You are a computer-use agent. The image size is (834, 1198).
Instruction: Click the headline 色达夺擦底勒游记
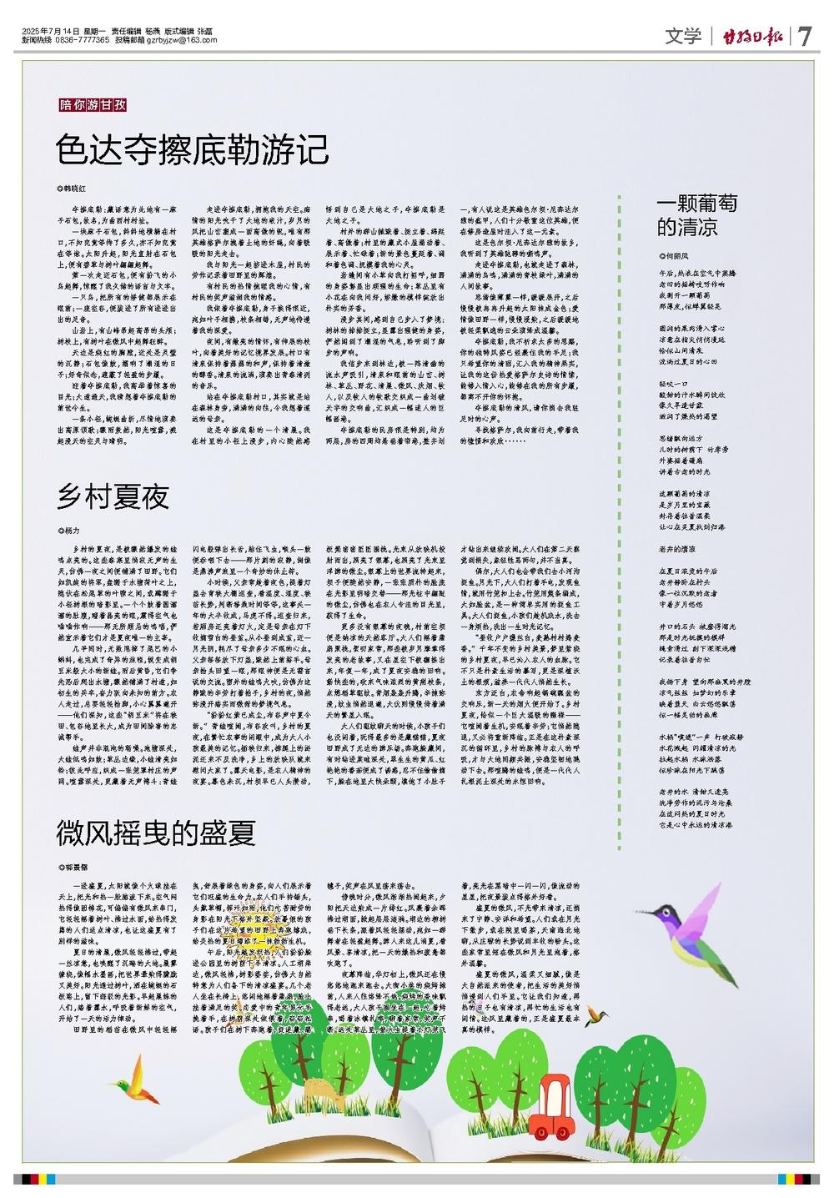coord(193,150)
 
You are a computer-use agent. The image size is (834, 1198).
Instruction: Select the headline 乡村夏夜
coord(113,497)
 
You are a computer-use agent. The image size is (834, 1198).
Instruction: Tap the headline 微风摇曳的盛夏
coord(156,833)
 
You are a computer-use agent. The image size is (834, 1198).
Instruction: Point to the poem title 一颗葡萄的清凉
coord(697,216)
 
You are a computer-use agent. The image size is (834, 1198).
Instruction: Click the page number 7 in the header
coord(804,37)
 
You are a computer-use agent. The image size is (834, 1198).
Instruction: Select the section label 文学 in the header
coord(683,37)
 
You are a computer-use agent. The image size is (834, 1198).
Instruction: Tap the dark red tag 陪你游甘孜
coord(93,105)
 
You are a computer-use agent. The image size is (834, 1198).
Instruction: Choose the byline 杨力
coord(71,531)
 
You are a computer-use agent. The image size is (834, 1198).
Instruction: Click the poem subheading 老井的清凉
coord(677,550)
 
